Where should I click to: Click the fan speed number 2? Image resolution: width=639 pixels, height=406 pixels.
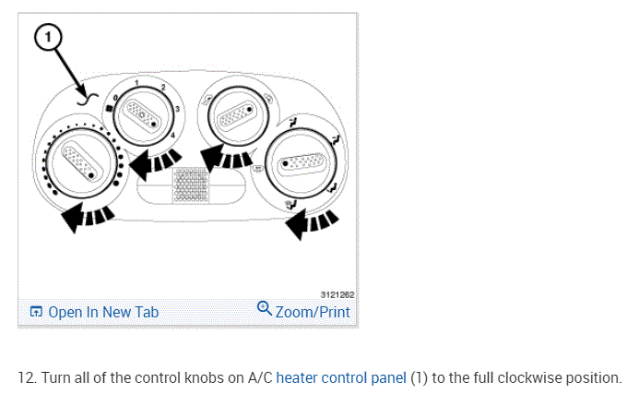[x=163, y=88]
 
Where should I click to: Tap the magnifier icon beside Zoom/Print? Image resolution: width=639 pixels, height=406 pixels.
[x=264, y=309]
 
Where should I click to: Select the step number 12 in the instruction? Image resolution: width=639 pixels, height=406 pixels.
[x=25, y=378]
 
